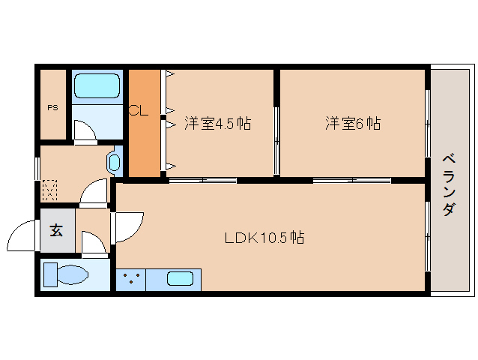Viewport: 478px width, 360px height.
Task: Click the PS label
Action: click(x=52, y=107)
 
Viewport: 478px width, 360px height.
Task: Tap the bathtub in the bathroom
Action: click(x=97, y=88)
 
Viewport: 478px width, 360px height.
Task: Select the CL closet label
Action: click(x=138, y=112)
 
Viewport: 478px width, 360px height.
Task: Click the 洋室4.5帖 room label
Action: click(x=217, y=124)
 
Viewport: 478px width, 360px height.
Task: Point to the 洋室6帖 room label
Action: click(x=352, y=123)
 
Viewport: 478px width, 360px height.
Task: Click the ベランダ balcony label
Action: click(x=447, y=184)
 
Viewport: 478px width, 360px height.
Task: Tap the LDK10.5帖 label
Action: click(x=264, y=238)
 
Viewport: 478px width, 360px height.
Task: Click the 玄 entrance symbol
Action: click(x=57, y=230)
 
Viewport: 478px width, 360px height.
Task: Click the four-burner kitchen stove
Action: click(x=130, y=280)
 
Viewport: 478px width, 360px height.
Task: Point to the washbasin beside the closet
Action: click(x=114, y=162)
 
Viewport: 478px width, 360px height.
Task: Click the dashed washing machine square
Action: click(x=49, y=189)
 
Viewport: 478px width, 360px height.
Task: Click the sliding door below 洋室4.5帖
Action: click(x=202, y=180)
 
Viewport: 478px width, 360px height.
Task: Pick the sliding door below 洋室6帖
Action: click(x=352, y=180)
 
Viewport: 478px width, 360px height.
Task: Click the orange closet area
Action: click(x=145, y=142)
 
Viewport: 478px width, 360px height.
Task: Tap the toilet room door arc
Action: click(x=94, y=244)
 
